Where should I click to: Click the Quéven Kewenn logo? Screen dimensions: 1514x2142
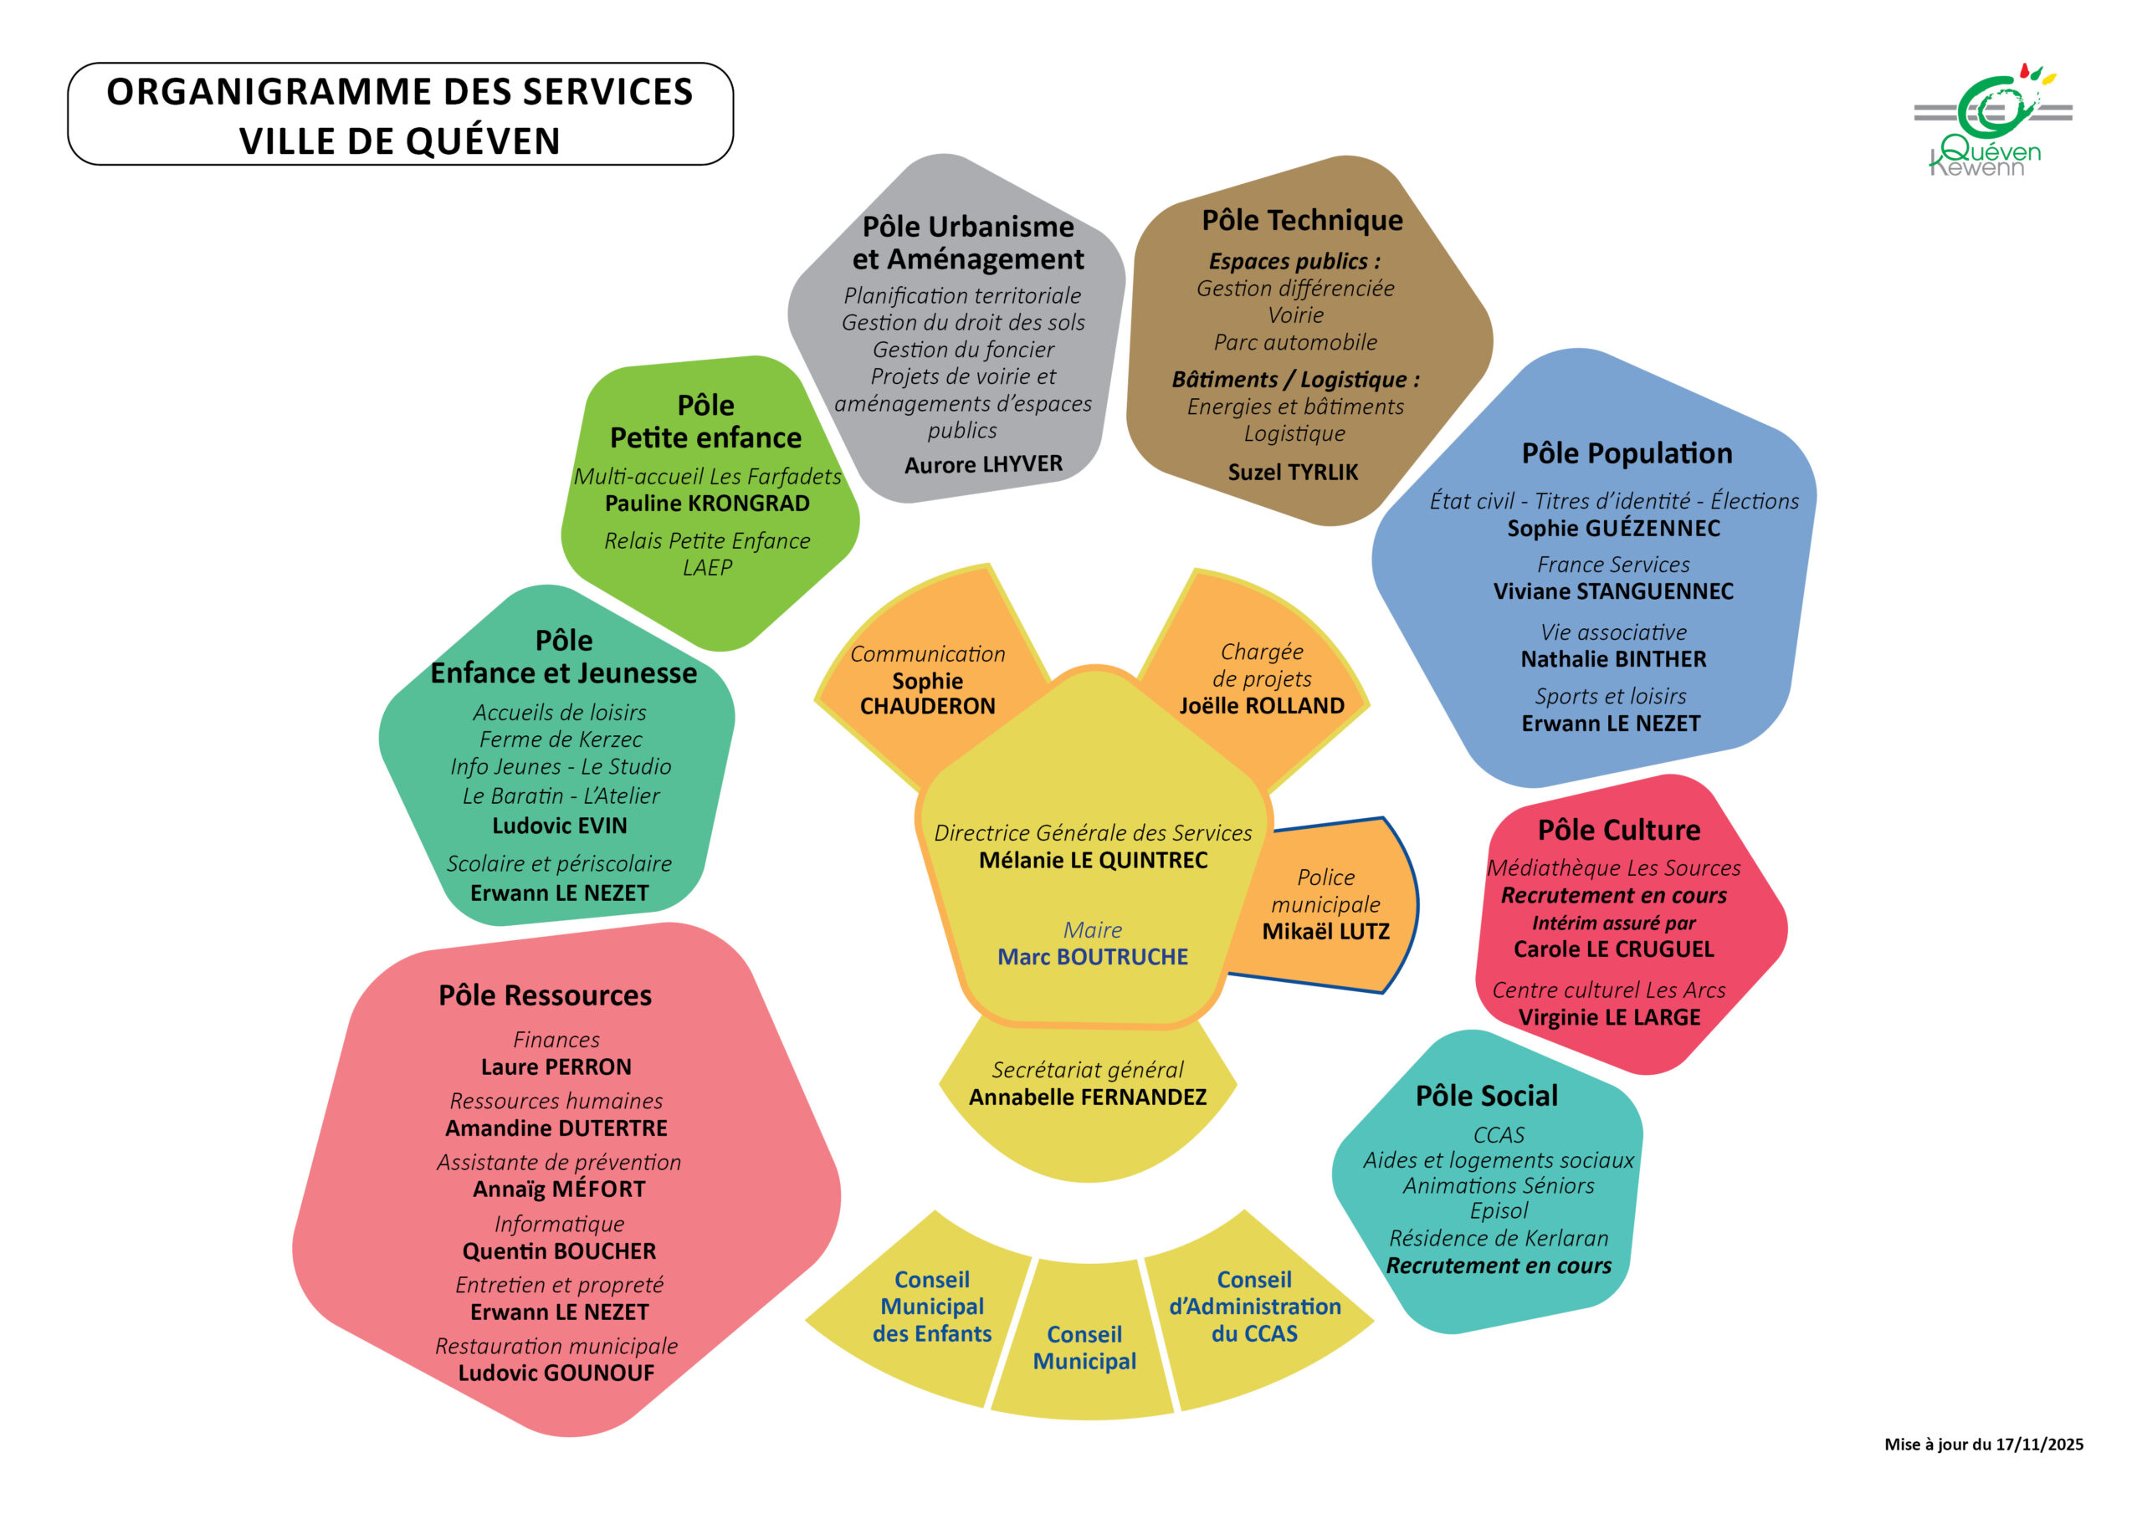tap(1990, 121)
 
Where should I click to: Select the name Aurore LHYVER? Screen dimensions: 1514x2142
tap(983, 464)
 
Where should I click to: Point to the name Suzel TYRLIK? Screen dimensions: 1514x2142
tap(1292, 472)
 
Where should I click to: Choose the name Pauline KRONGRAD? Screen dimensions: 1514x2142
tap(706, 504)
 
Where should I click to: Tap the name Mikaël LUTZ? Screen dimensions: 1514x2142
tap(1325, 931)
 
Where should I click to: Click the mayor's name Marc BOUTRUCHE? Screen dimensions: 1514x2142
tap(1093, 957)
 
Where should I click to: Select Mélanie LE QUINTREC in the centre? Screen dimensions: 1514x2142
tap(1093, 860)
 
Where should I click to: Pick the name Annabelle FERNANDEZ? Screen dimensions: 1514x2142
tap(1087, 1097)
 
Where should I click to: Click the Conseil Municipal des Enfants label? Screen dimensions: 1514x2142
tap(932, 1306)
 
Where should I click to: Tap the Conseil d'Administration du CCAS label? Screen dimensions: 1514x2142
tap(1254, 1306)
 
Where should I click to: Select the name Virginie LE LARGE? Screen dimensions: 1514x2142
tap(1609, 1018)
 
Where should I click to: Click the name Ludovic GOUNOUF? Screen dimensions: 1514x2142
tap(556, 1373)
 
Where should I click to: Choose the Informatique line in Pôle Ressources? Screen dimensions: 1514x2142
tap(559, 1224)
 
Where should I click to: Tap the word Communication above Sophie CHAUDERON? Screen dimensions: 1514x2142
tap(927, 654)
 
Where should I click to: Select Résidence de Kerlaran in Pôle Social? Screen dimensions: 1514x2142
tap(1499, 1238)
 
